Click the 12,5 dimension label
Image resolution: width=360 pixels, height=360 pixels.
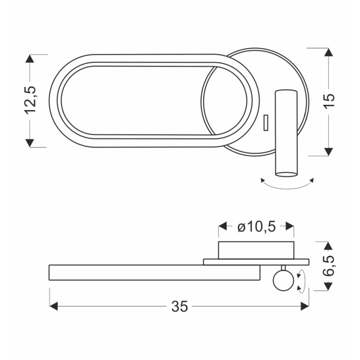click(30, 100)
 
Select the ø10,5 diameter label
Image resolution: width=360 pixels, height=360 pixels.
click(256, 227)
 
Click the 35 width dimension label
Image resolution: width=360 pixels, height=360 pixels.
click(179, 307)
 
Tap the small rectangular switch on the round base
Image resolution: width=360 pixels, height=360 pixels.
click(266, 122)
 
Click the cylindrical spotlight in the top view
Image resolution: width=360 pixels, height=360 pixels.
click(286, 133)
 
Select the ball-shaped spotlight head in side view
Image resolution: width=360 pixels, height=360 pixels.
click(283, 281)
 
